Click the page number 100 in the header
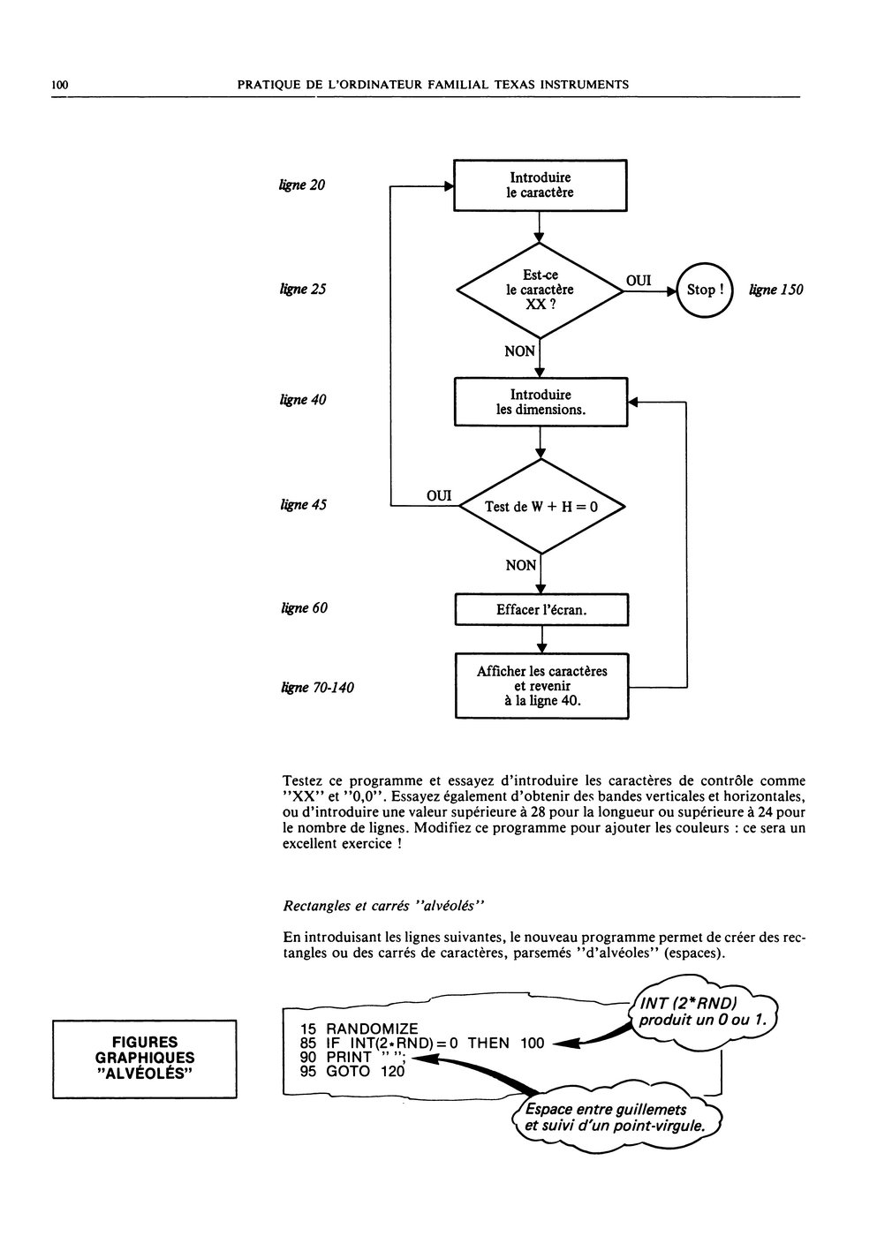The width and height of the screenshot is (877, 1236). [x=59, y=85]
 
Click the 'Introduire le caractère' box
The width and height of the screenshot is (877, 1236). [x=540, y=185]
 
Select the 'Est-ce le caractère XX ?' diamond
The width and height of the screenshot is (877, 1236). [x=540, y=290]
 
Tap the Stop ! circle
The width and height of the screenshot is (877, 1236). [x=704, y=290]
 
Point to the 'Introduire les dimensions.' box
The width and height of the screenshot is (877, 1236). [x=541, y=402]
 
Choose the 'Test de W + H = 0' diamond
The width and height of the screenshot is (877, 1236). [x=542, y=507]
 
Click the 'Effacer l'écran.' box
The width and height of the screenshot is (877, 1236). [x=541, y=610]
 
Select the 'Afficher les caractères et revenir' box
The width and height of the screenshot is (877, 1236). [x=541, y=686]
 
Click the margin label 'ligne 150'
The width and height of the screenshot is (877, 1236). [x=775, y=290]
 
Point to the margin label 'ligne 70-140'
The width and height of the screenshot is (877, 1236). [x=317, y=688]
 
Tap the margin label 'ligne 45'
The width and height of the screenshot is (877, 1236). [x=303, y=504]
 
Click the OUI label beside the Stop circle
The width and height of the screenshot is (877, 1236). [x=639, y=281]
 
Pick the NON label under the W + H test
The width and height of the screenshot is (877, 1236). [x=520, y=565]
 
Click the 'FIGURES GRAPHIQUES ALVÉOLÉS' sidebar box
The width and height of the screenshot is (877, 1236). [x=145, y=1059]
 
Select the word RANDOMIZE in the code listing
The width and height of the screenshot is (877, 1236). [x=372, y=1029]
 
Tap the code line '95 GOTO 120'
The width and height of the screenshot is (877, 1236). [x=352, y=1071]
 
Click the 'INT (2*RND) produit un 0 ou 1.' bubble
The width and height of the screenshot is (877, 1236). [x=703, y=1012]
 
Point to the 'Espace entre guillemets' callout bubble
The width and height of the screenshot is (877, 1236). [x=616, y=1117]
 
